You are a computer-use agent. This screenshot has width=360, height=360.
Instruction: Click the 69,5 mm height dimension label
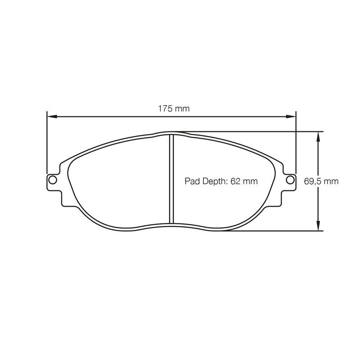321,181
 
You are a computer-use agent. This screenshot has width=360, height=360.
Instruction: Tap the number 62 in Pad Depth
236,181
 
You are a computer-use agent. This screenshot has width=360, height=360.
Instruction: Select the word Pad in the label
191,181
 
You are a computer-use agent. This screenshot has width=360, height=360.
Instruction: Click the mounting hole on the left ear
53,180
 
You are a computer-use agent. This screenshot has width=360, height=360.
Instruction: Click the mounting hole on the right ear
290,180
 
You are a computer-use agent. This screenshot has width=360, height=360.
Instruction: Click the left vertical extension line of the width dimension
47,144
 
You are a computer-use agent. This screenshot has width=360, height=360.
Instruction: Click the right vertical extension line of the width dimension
297,144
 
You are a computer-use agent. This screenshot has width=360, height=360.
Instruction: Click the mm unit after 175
183,108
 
